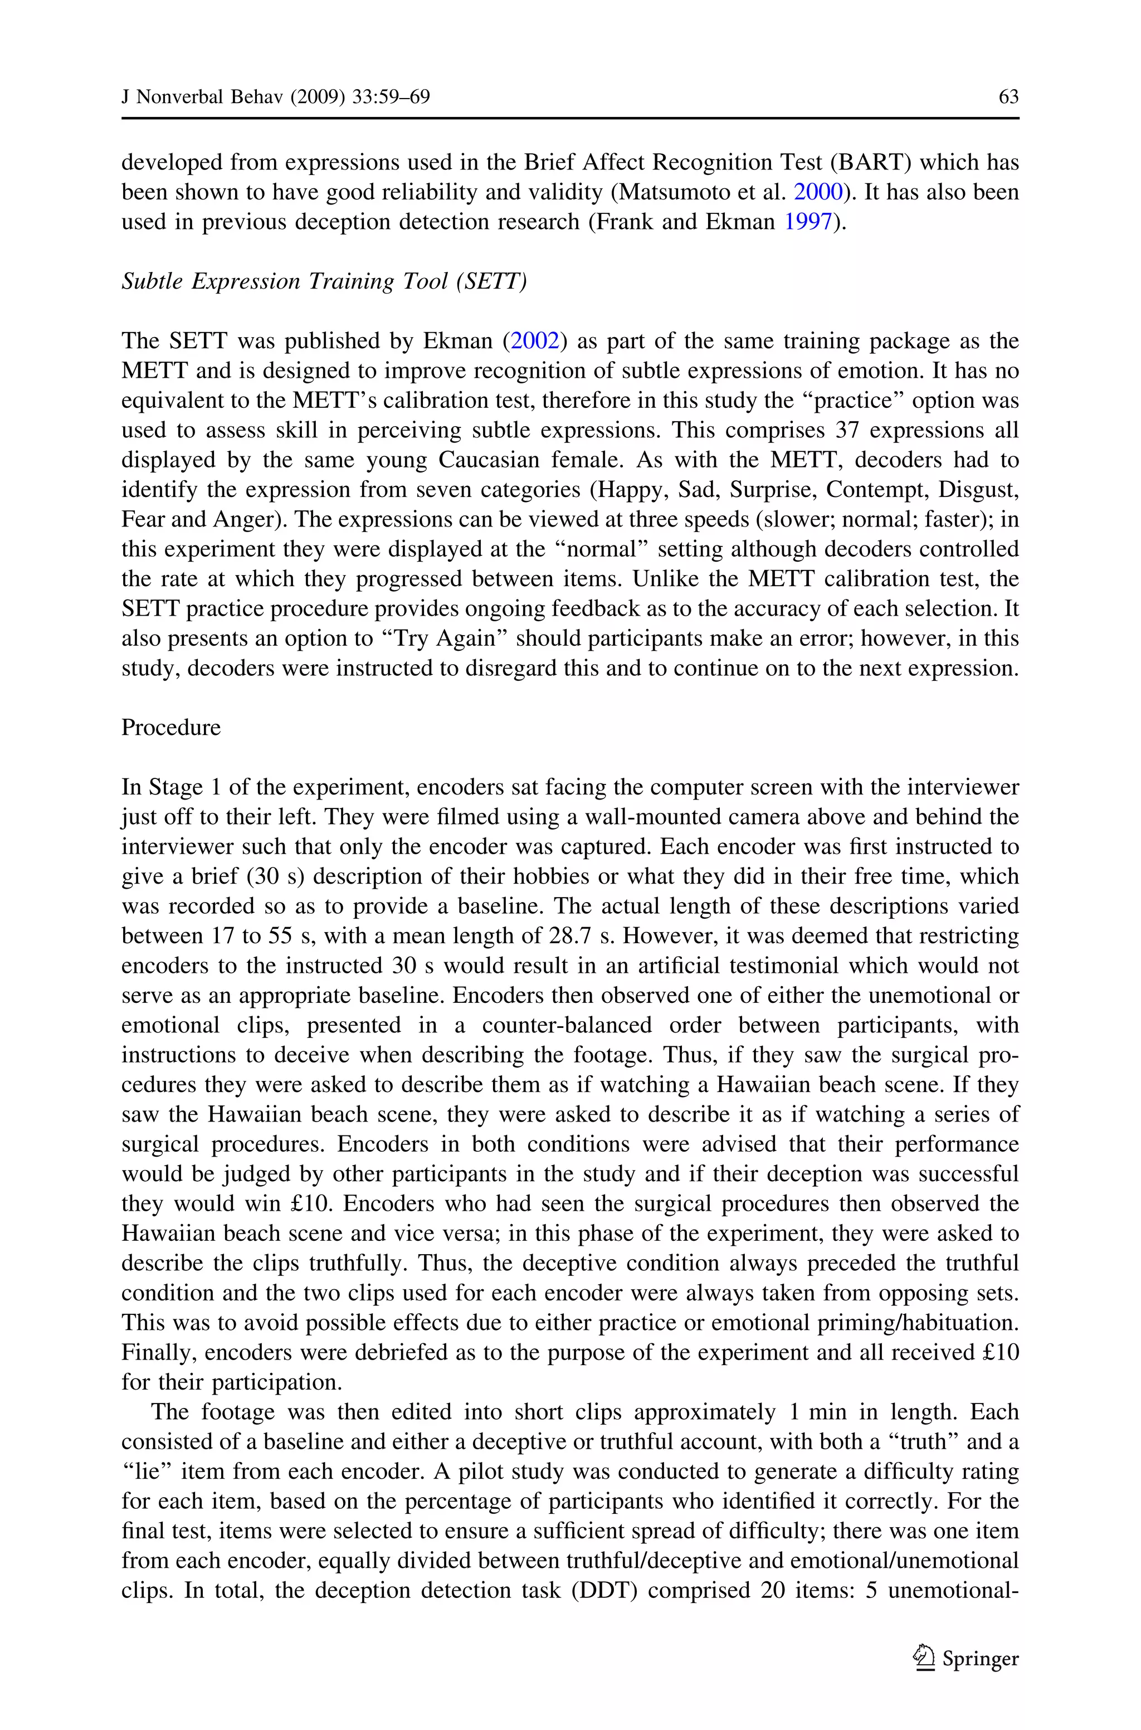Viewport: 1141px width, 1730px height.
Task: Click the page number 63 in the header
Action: (1008, 97)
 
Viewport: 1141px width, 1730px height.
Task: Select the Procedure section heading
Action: (171, 728)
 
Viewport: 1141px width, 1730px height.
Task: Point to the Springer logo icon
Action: (924, 1658)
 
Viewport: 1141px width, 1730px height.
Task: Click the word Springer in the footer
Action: (980, 1659)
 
